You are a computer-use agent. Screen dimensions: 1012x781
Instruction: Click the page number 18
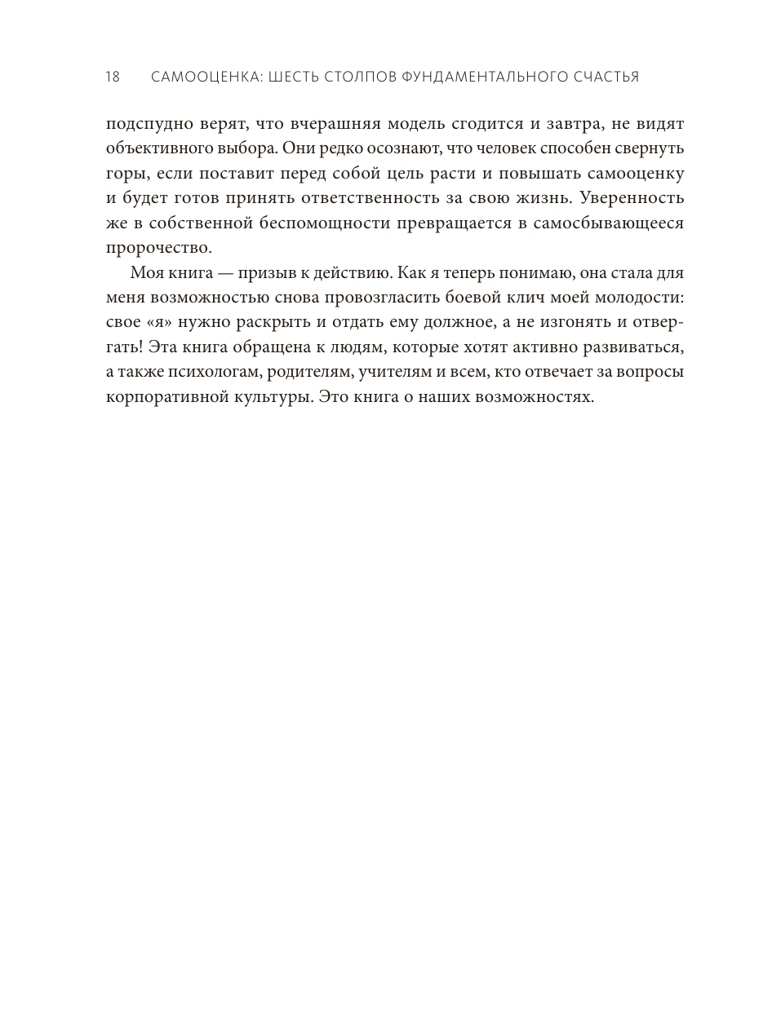(x=113, y=77)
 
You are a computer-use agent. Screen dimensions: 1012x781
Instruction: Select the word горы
(x=125, y=175)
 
